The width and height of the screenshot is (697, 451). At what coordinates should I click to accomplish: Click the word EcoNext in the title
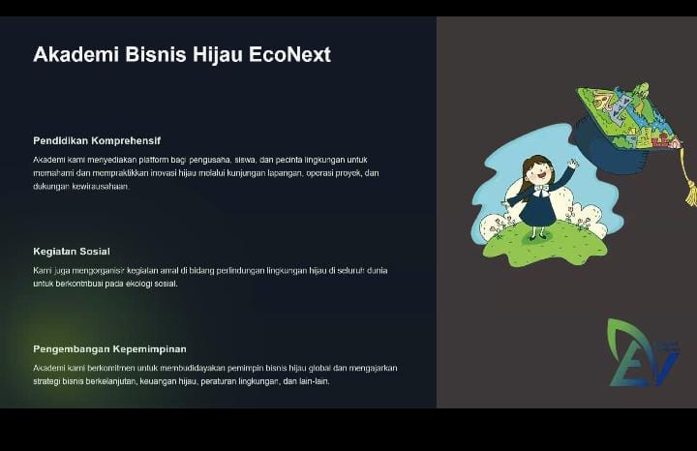coord(289,54)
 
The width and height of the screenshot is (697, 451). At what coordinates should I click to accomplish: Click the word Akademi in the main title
coord(76,54)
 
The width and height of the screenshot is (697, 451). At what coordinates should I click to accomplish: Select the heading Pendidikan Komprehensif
coord(97,141)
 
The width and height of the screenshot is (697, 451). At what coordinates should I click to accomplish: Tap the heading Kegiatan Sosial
coord(72,252)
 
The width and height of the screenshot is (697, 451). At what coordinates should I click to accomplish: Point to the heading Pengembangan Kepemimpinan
coord(109,349)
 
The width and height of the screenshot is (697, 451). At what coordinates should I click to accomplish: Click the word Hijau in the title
coord(218,55)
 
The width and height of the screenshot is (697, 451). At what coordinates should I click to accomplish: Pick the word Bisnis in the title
coord(156,54)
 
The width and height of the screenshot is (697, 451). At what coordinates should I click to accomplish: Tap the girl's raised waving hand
coord(573,164)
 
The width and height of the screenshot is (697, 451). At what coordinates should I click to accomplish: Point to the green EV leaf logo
coord(642,352)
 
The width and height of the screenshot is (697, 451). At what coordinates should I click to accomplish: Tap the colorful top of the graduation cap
coord(627,116)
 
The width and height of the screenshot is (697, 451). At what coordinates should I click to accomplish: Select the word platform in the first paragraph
coord(151,160)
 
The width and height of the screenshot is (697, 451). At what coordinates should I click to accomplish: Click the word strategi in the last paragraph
coord(46,381)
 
